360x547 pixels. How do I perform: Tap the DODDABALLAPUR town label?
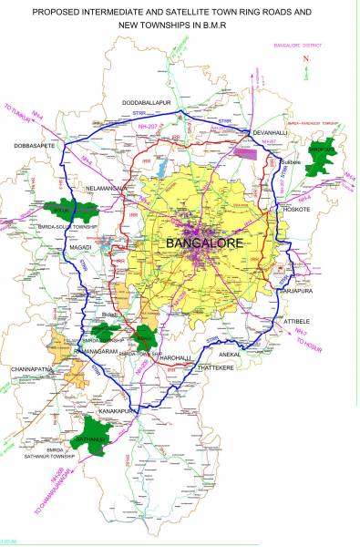[x=148, y=103]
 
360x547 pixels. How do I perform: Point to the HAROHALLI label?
[x=178, y=358]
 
